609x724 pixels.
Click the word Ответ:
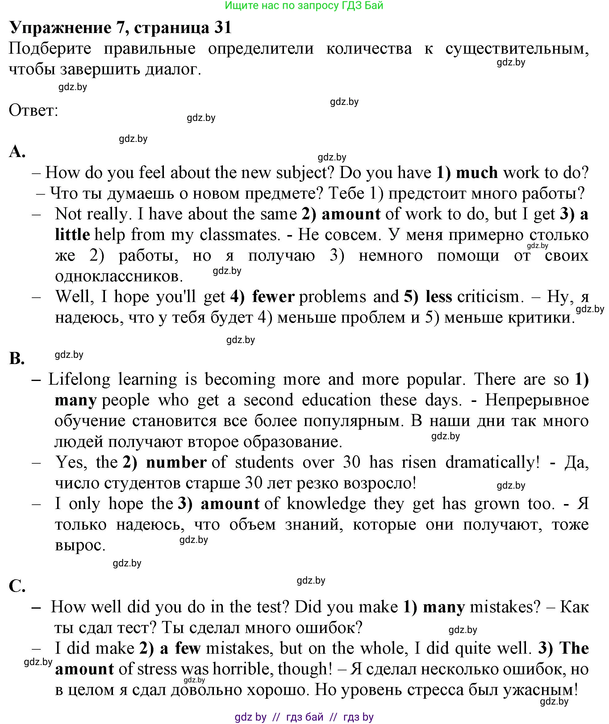pyautogui.click(x=33, y=111)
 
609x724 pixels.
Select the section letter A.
pyautogui.click(x=17, y=151)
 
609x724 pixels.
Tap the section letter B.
pyautogui.click(x=17, y=358)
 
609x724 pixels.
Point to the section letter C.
pyautogui.click(x=17, y=586)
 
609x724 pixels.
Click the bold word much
pyautogui.click(x=477, y=172)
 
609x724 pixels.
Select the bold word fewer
pyautogui.click(x=273, y=297)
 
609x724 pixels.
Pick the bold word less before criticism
pyautogui.click(x=439, y=297)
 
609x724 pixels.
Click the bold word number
pyautogui.click(x=177, y=462)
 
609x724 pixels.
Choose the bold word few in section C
pyautogui.click(x=188, y=648)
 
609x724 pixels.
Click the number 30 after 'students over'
pyautogui.click(x=352, y=462)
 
